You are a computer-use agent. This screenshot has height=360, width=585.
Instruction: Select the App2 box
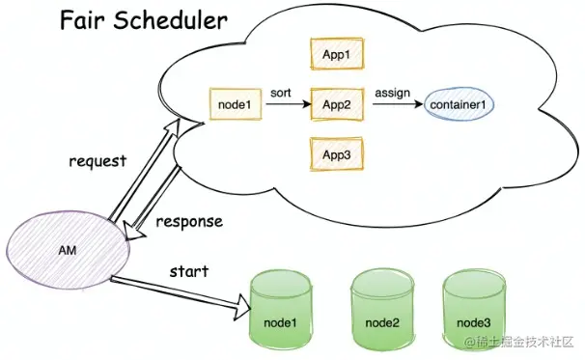pyautogui.click(x=336, y=103)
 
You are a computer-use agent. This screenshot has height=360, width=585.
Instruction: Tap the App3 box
pyautogui.click(x=336, y=152)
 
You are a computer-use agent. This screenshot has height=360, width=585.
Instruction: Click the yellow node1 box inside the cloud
pyautogui.click(x=237, y=103)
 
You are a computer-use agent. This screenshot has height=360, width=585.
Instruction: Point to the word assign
pyautogui.click(x=392, y=92)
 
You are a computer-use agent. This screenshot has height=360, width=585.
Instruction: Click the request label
pyautogui.click(x=97, y=161)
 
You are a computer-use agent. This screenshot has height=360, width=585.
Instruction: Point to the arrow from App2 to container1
pyautogui.click(x=396, y=104)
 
